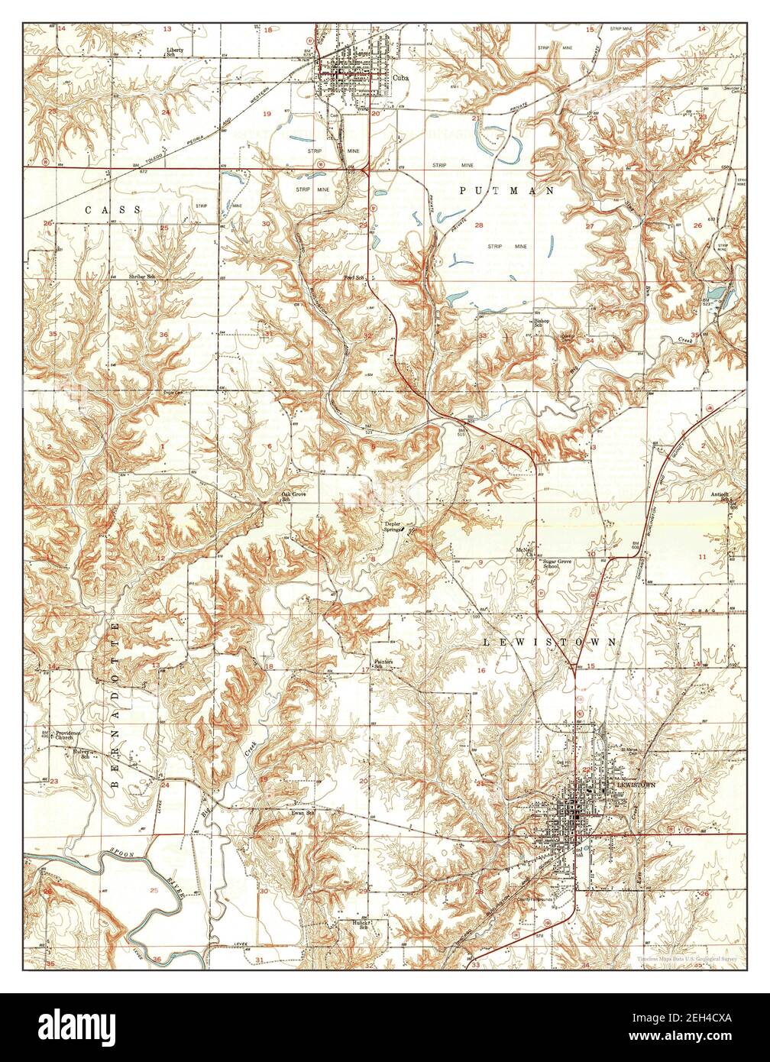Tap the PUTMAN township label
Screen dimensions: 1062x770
(506, 191)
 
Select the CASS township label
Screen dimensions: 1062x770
(113, 209)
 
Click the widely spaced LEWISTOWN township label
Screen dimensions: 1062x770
(549, 643)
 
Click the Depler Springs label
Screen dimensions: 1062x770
(393, 527)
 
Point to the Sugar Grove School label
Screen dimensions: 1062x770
(557, 565)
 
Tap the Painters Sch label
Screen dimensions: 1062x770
(383, 664)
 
